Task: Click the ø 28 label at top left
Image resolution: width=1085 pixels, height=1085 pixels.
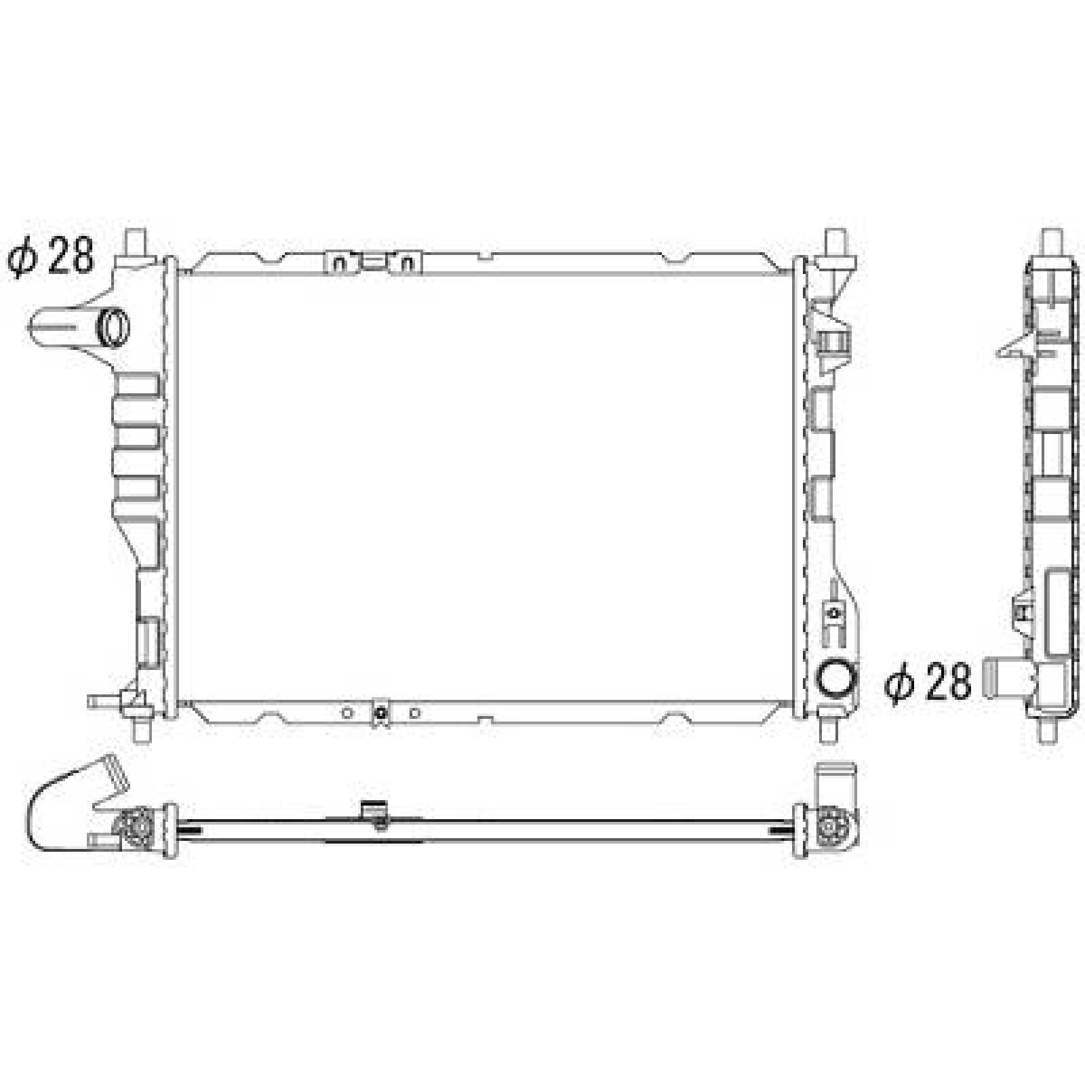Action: pyautogui.click(x=51, y=256)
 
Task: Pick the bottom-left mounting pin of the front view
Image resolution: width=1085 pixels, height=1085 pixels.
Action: pyautogui.click(x=142, y=731)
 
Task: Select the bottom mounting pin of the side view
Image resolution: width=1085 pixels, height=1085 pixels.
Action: pyautogui.click(x=1050, y=731)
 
